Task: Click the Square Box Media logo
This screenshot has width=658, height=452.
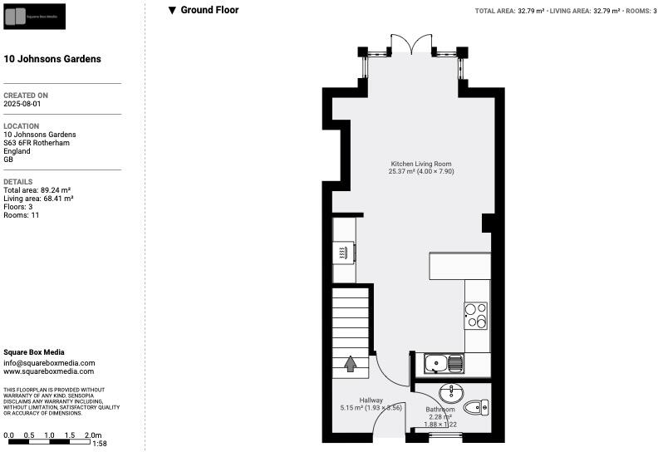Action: point(34,16)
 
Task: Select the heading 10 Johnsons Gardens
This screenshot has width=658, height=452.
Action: point(52,59)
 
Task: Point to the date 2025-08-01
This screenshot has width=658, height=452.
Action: point(22,105)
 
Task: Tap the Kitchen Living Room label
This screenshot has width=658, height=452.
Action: point(421,164)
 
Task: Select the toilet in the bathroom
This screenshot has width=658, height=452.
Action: point(475,406)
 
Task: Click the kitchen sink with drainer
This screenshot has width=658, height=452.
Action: point(444,363)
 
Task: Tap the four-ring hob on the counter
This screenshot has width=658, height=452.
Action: point(476,315)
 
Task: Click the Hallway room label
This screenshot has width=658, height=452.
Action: point(371,400)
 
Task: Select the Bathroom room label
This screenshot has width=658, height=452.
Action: point(440,410)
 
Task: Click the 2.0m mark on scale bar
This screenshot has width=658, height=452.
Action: point(93,435)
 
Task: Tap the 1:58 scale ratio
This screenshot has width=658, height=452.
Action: point(101,445)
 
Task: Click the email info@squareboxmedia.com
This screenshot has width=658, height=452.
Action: point(49,363)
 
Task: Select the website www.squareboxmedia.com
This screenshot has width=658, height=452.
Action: point(49,371)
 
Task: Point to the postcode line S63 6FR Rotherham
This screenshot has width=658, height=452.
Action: point(37,143)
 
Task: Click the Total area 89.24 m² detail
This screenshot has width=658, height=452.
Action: point(37,190)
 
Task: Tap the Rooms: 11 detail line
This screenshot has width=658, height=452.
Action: point(22,215)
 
